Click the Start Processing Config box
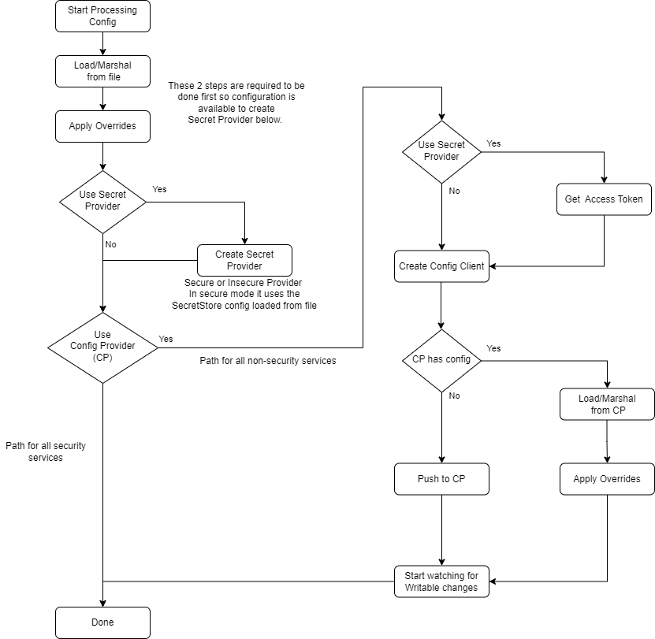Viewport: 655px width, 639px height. tap(102, 17)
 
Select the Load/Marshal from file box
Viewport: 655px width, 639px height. tap(102, 71)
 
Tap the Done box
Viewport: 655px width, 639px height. tap(102, 622)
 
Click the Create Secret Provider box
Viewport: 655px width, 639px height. tap(244, 260)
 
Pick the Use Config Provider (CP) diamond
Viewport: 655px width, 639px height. tap(102, 346)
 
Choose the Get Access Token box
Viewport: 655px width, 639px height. tap(604, 199)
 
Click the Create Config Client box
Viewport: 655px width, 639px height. tap(441, 266)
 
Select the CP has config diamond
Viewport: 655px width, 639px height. tap(441, 360)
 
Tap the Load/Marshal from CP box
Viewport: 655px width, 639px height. tap(607, 404)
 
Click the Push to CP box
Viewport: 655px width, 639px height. tap(441, 479)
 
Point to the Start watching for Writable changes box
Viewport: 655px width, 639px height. tap(441, 581)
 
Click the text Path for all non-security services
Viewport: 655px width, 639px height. tap(268, 361)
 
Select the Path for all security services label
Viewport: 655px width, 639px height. tap(46, 451)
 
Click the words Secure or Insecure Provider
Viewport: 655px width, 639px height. tap(243, 283)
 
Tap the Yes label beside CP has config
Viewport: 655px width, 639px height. tap(494, 348)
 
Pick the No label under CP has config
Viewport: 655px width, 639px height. tap(454, 396)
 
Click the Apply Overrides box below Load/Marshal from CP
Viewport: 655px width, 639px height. tap(607, 479)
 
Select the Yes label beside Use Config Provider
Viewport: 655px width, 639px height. tap(166, 339)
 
